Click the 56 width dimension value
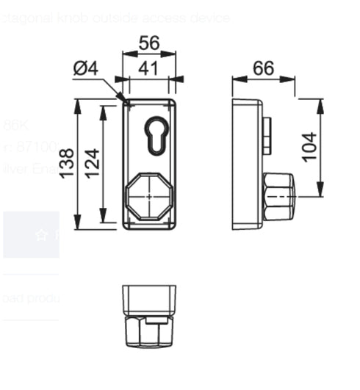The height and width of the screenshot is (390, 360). (x=149, y=43)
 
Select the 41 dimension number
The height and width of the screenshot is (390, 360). (x=149, y=68)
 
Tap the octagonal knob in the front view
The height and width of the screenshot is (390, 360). (x=149, y=197)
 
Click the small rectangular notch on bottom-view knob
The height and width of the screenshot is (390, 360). (x=154, y=321)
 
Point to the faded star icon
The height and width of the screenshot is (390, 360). (x=40, y=235)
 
